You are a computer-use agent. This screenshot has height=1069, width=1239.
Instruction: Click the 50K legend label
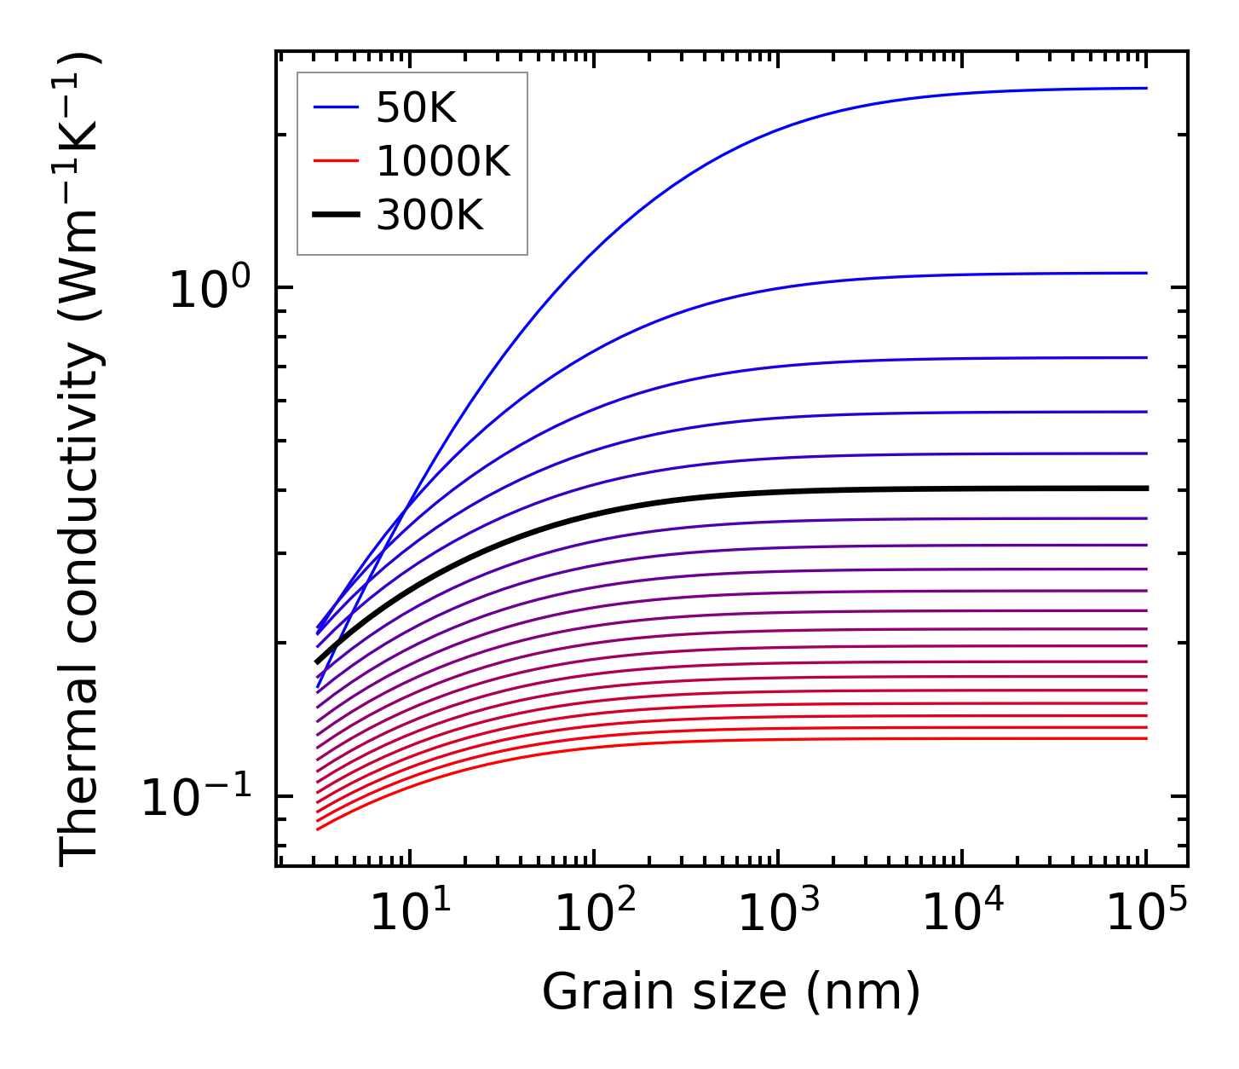(417, 108)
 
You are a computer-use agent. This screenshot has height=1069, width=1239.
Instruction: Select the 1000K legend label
(443, 161)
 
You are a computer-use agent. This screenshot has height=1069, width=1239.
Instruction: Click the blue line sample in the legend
(337, 107)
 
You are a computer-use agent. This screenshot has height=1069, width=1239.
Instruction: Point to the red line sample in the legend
(337, 161)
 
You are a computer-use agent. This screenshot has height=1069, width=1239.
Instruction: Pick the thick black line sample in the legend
(337, 215)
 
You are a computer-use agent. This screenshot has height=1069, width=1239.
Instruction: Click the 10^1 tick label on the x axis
(411, 914)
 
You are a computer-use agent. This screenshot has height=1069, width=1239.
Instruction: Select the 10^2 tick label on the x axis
(595, 914)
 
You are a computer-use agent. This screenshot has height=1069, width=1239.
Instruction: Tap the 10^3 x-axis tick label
(778, 914)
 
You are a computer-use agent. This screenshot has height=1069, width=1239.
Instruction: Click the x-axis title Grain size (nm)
(731, 992)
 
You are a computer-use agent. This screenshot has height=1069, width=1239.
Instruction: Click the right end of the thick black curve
(1147, 488)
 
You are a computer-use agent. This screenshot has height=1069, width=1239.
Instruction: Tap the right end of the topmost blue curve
(1147, 88)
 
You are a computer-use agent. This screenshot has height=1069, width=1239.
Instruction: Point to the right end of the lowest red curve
(1147, 738)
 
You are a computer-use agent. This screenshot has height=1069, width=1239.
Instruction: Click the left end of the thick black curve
(317, 662)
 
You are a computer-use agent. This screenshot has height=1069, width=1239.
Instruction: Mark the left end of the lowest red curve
(317, 829)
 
